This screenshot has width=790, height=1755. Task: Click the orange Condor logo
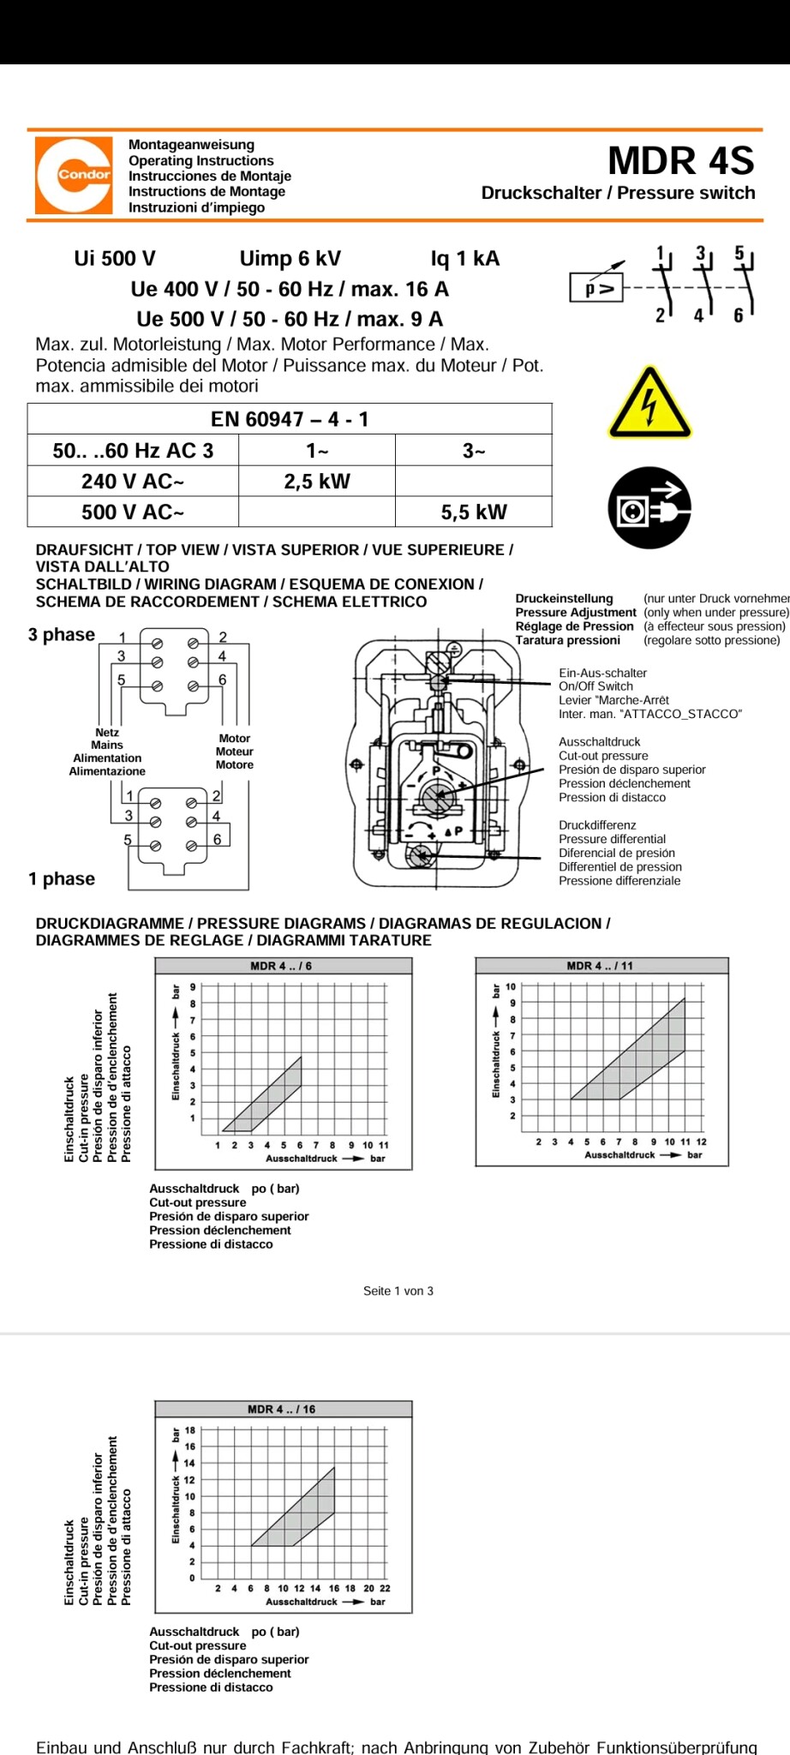pos(74,175)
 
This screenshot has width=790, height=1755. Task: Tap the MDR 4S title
pos(681,161)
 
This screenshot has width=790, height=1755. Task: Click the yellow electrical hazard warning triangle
pos(649,404)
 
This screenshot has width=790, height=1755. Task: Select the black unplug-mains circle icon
pos(649,507)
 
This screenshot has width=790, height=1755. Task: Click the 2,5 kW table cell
pos(317,482)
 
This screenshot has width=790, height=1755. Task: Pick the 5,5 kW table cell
pos(474,512)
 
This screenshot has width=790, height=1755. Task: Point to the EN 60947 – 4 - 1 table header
pos(290,419)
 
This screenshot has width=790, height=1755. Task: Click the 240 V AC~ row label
pos(133,482)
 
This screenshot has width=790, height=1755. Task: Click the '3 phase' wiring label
pos(62,635)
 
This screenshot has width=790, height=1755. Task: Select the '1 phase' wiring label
pos(62,879)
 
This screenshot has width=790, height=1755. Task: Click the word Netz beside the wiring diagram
pos(107,733)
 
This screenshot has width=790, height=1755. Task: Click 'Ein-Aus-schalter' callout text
pos(602,674)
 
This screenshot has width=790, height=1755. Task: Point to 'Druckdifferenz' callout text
pos(597,825)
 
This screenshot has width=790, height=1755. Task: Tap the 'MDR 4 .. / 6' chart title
pos(281,966)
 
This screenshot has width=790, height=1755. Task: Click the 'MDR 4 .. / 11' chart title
pos(600,966)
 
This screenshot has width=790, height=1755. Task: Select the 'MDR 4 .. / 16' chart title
pos(281,1409)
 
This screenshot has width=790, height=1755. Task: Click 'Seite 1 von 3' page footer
pos(398,1291)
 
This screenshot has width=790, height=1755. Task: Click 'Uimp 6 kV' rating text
pos(290,259)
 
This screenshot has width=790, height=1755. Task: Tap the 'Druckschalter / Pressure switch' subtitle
pos(618,193)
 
